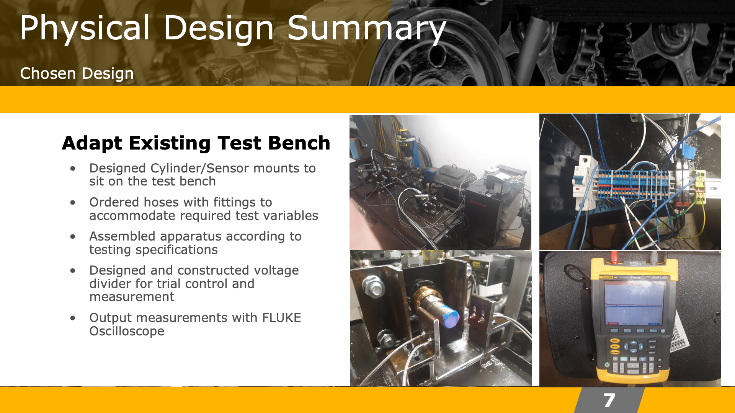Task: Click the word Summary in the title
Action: pyautogui.click(x=366, y=29)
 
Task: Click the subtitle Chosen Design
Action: pyautogui.click(x=77, y=73)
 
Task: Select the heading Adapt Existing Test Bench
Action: pyautogui.click(x=196, y=143)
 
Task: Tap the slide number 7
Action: pyautogui.click(x=609, y=400)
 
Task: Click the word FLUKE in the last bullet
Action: pyautogui.click(x=281, y=317)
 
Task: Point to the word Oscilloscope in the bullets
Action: pyautogui.click(x=127, y=331)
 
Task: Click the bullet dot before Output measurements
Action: pyautogui.click(x=73, y=318)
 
